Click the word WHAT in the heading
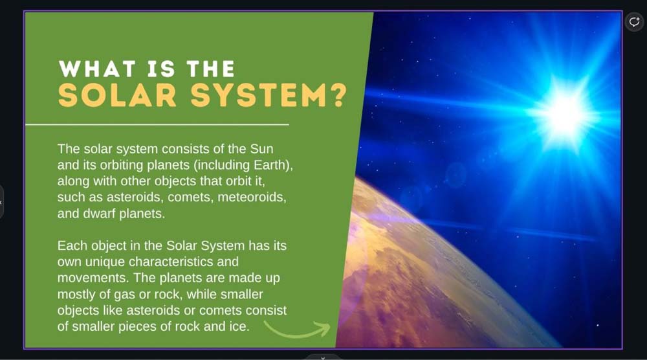pos(98,69)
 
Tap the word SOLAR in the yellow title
pos(117,95)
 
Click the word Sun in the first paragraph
pos(261,149)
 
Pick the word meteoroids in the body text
pos(251,197)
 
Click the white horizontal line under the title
pos(157,124)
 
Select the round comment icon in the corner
pos(634,21)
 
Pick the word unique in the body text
pos(105,262)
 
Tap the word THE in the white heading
pos(211,69)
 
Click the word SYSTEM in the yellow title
pos(259,95)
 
